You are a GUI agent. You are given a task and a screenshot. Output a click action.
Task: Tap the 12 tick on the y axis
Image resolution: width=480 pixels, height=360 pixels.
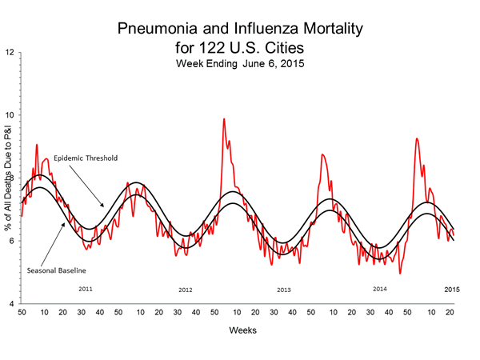point(10,53)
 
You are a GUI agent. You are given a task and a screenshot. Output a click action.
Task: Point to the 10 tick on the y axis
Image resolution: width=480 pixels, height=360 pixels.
point(10,115)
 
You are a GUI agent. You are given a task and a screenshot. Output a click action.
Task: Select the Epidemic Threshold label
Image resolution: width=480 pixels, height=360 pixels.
point(85,158)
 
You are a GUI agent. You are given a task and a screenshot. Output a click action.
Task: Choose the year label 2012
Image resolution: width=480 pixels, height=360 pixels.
point(186,290)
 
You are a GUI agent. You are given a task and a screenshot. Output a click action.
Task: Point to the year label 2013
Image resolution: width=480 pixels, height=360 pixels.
point(283,290)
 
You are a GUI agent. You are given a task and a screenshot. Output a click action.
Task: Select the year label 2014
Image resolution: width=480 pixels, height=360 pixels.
point(381,288)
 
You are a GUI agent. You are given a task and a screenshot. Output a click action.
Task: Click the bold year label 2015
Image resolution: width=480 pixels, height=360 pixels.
point(453,288)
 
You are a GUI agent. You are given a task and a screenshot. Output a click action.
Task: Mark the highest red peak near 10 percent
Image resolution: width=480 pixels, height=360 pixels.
point(224,119)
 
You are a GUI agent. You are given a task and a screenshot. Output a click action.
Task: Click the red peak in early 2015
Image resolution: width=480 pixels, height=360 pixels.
point(417,139)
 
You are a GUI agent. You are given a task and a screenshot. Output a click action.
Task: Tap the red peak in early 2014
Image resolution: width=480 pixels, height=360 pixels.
point(322,155)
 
